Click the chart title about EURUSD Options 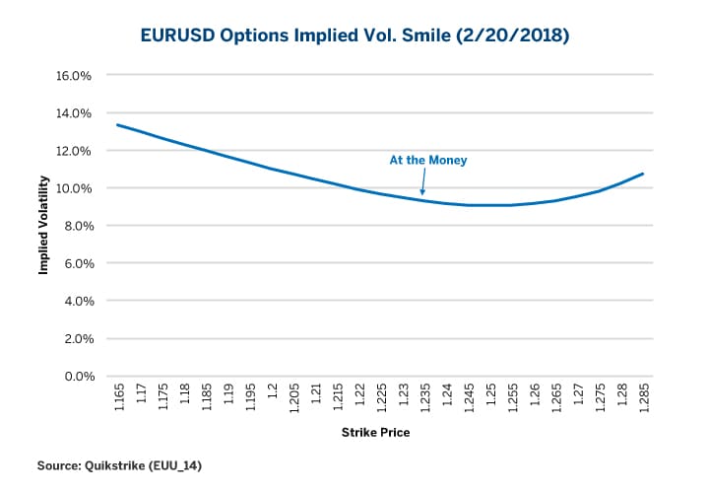(x=354, y=36)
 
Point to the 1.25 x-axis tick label (x=490, y=399)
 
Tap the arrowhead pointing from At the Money (x=422, y=193)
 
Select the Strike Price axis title (x=375, y=433)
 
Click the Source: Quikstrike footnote (x=121, y=463)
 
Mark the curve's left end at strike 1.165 (x=118, y=125)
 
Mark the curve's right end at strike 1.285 (x=643, y=174)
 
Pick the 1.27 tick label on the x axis (x=578, y=399)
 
